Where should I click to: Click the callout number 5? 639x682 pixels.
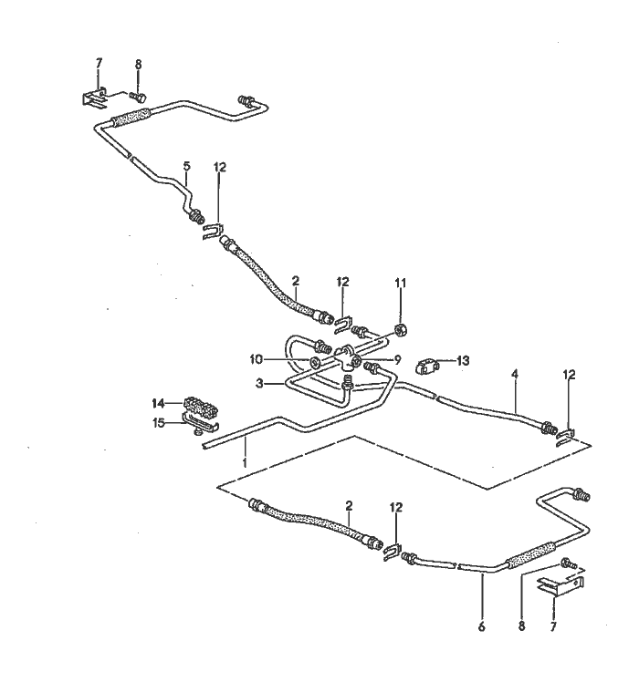187,166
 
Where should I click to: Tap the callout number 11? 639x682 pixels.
399,284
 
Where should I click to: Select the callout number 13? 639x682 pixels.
464,361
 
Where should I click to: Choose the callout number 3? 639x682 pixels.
260,384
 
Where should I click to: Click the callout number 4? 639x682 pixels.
515,374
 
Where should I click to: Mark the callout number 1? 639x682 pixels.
244,462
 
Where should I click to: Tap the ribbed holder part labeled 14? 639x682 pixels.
199,405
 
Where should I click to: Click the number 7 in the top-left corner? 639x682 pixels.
99,62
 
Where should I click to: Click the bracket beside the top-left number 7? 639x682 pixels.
94,96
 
